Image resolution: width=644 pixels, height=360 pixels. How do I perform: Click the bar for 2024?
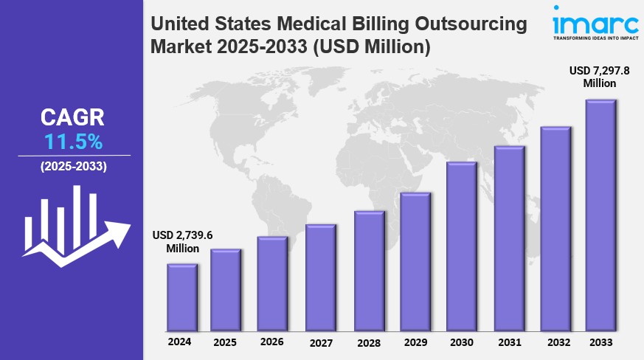(x=181, y=297)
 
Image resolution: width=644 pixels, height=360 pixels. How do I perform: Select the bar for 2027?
(x=321, y=277)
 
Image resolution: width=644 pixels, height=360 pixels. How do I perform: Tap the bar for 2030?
(x=461, y=246)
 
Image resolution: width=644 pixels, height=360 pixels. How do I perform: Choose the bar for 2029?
(x=415, y=262)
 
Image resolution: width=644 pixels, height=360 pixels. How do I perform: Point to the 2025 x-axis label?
(x=225, y=342)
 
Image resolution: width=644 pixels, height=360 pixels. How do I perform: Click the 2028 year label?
(x=368, y=342)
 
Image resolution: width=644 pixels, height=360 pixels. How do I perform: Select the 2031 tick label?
(x=509, y=342)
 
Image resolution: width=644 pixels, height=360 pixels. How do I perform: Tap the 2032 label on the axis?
(x=559, y=342)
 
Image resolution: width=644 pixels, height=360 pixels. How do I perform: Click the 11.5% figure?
(x=73, y=142)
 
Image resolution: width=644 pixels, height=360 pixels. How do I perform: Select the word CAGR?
(x=73, y=117)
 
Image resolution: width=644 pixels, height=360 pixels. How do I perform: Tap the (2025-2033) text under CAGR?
(x=73, y=167)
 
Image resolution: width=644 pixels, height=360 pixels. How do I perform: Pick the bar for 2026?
(x=272, y=283)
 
